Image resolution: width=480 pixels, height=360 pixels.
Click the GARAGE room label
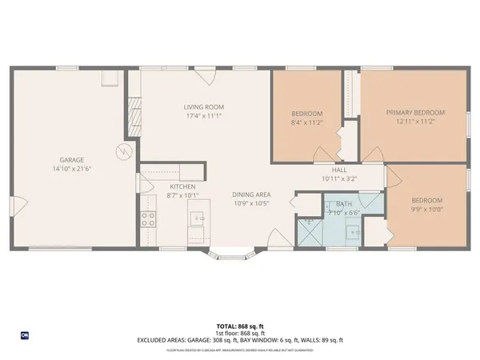point(68,160)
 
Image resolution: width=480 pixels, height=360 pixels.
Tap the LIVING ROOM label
point(204,106)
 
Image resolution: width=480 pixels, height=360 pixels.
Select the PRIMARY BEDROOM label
point(414,113)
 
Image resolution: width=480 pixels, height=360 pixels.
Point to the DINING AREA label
point(250,194)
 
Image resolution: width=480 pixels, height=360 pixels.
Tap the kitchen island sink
point(198,218)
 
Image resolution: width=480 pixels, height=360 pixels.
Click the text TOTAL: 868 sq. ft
point(240,326)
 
